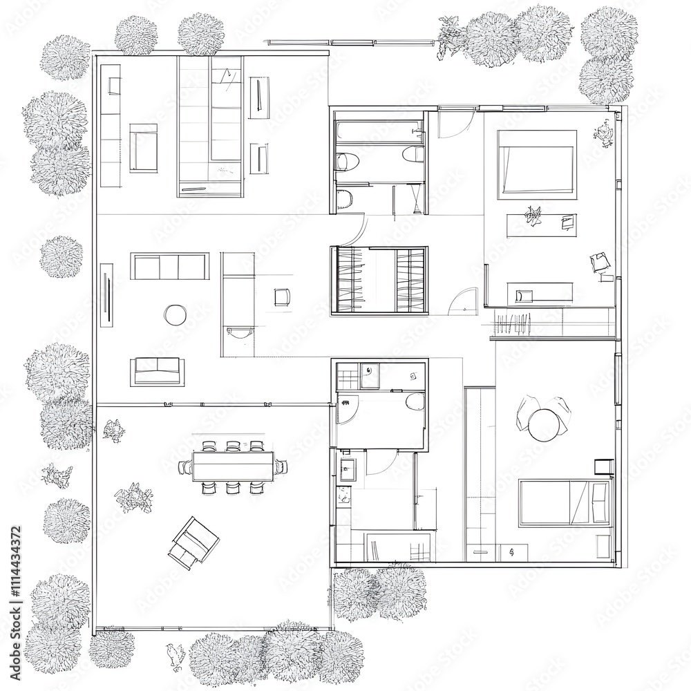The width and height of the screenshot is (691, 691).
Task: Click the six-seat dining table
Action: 232,466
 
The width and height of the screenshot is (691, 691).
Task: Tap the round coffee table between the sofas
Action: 176,315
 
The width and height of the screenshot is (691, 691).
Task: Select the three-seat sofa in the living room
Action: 170,266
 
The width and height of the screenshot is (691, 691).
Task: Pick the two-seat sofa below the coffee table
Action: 157,371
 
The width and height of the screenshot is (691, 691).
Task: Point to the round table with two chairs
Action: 544,424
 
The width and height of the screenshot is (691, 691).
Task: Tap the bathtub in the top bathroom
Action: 378,132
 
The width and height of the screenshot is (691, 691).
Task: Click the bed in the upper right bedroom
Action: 538,162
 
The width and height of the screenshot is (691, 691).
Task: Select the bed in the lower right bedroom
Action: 565,503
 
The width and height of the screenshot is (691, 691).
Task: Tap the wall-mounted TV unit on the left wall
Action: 106,294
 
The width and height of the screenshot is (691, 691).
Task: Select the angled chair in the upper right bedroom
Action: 600,263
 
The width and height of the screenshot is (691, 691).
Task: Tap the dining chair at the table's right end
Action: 281,467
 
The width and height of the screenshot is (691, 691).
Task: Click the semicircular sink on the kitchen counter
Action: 239,333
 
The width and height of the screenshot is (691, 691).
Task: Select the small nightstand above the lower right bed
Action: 603,466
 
